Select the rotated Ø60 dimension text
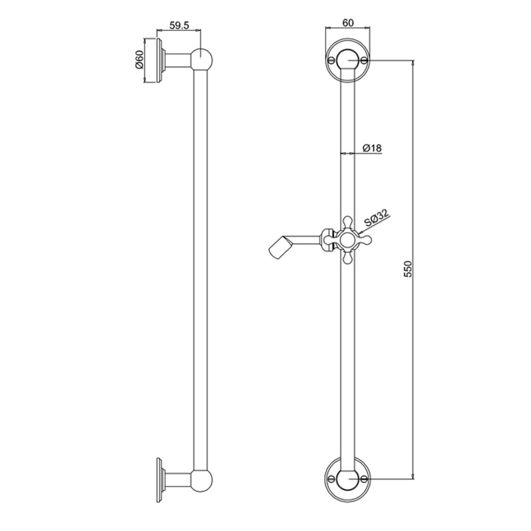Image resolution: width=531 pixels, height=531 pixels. (x=139, y=60)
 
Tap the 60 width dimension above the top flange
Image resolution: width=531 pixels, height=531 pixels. (x=347, y=23)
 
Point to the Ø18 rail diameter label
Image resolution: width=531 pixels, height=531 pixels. (x=372, y=149)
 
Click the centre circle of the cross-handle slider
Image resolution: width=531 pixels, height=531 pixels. (x=347, y=240)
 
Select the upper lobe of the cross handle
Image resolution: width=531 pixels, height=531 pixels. (x=347, y=222)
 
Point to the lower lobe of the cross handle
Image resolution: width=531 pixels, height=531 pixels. (x=347, y=259)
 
